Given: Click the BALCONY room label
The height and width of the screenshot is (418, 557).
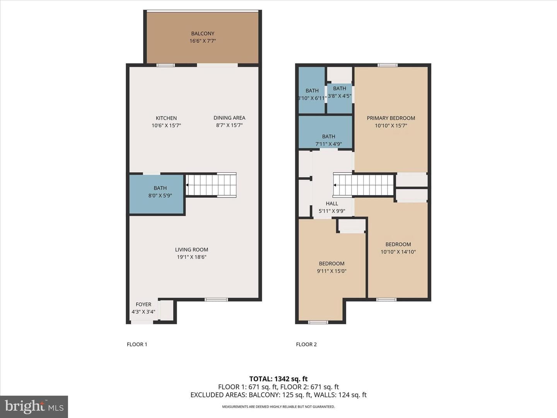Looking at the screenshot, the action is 203,34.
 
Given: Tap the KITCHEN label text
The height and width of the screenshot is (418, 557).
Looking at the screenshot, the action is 166,118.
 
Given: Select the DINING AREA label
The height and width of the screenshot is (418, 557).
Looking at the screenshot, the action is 229,118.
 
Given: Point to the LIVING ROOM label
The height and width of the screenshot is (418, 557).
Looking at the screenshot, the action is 191,250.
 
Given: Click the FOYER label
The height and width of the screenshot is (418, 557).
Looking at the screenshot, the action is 144,304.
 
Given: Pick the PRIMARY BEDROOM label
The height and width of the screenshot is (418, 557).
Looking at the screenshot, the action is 391,118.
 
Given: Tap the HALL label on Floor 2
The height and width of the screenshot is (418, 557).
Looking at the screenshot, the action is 332,204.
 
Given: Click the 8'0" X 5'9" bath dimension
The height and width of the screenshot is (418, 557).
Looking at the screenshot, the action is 160,196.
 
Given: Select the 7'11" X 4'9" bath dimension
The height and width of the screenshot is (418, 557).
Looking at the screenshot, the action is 329,144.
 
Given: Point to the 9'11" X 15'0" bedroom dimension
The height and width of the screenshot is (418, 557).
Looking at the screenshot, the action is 331,271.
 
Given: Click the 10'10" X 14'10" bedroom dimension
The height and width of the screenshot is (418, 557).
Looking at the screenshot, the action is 398,252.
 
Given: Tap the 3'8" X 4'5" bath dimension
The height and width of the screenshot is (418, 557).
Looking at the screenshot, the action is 340,96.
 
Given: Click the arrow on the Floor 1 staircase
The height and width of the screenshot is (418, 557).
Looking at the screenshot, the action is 188,185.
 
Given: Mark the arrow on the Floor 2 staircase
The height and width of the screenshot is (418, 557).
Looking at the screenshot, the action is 335,185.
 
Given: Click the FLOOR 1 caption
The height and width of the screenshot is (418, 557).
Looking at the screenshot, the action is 137,344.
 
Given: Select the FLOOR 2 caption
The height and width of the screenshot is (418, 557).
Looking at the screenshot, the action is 306,344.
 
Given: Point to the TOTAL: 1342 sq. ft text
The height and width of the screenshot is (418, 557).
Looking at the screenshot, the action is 278,379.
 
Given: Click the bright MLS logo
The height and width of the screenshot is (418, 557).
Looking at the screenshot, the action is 34,406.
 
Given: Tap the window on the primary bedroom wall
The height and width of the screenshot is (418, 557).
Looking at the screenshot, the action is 388,65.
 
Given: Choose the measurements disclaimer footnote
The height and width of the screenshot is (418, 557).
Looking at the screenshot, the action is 278,407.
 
